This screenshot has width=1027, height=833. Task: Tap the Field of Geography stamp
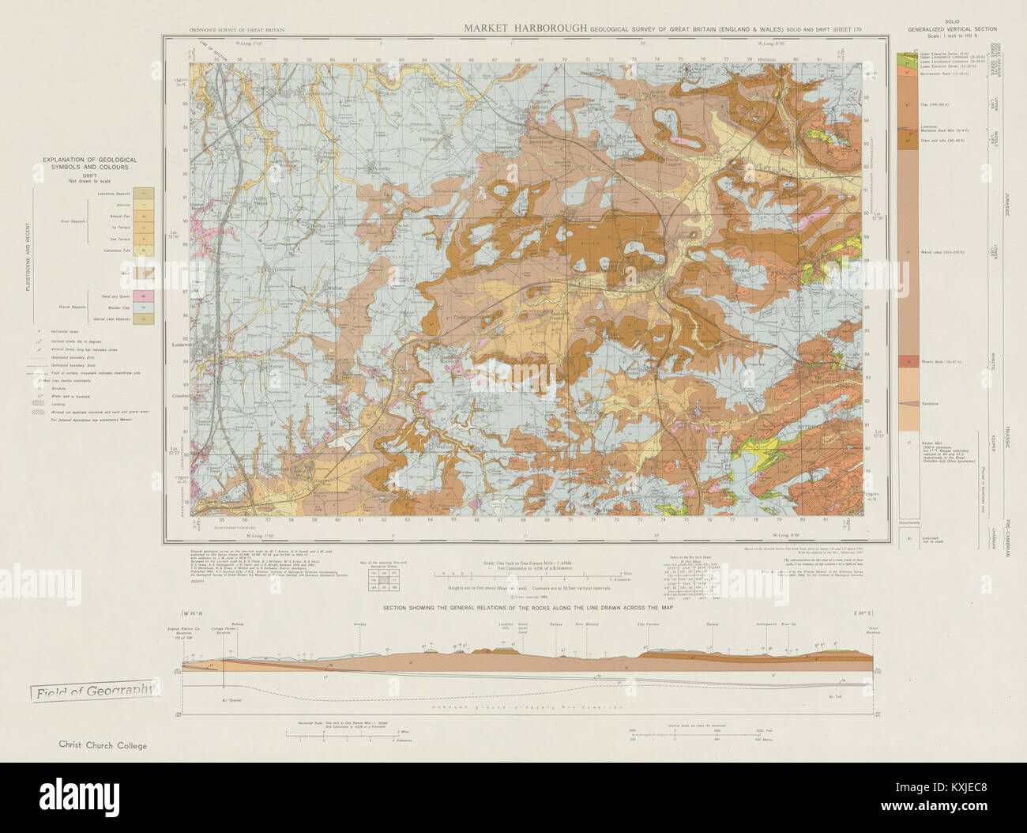[93, 692]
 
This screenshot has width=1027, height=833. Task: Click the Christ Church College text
[102, 744]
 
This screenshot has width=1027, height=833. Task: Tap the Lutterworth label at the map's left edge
[176, 345]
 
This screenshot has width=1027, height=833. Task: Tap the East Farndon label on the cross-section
[647, 624]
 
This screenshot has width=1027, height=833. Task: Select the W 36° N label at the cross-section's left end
[192, 612]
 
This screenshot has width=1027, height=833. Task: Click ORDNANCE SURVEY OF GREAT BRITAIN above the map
[237, 30]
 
